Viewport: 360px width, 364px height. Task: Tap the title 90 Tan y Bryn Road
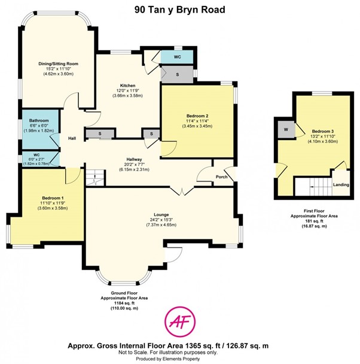[180, 10]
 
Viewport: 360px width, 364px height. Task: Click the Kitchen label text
[127, 86]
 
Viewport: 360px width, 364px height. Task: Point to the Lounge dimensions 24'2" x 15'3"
[161, 220]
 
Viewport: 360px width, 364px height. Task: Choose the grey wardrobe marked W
[286, 129]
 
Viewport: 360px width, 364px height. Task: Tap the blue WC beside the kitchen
[177, 57]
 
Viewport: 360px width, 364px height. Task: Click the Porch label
[222, 177]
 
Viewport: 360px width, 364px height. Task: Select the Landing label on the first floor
[341, 185]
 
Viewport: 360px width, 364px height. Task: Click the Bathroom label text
[39, 120]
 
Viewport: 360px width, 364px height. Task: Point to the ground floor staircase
[95, 178]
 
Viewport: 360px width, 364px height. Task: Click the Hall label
[72, 138]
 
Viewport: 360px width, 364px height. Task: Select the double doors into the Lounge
[182, 192]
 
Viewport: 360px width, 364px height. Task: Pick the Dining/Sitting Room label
[59, 63]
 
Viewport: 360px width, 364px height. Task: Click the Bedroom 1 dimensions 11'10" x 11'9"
[53, 203]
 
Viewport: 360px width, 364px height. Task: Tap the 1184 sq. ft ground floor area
[124, 303]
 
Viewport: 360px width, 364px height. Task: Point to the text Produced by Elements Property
[168, 359]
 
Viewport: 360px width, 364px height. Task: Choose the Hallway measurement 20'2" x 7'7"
[134, 165]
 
